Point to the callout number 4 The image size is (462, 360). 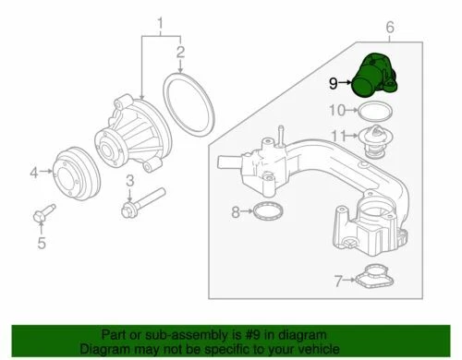click(34, 171)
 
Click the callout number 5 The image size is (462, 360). click(41, 243)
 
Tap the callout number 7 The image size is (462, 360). click(339, 277)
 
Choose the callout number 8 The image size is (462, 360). click(236, 212)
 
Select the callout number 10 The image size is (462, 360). click(338, 112)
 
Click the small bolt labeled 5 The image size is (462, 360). click(39, 216)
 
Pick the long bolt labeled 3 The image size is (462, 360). click(142, 204)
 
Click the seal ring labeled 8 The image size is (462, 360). click(267, 213)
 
